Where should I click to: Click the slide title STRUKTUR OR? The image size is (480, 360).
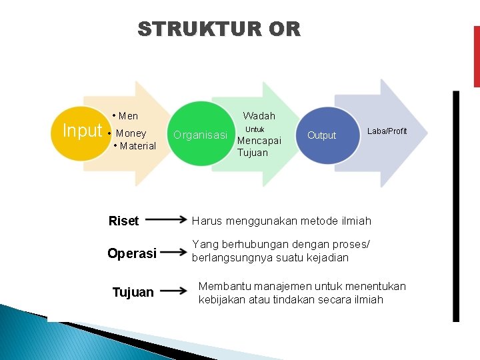point(219,29)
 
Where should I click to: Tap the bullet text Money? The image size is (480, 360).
point(131,133)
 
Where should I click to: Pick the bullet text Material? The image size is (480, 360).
point(135,146)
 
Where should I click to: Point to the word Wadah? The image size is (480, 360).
point(259,116)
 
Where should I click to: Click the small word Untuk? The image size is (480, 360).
point(255,129)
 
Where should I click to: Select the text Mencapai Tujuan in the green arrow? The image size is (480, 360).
point(259,147)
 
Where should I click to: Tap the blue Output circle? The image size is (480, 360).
point(321,135)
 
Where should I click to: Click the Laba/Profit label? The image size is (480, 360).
point(387,131)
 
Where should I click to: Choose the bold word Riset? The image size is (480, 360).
point(123,221)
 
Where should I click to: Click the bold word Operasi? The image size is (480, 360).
point(132,253)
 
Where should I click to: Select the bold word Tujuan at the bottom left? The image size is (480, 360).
point(133,292)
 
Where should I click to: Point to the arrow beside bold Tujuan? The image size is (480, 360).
point(174,291)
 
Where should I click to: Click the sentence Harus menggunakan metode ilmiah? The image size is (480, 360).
point(281,221)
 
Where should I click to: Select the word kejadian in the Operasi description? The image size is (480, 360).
point(326,258)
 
